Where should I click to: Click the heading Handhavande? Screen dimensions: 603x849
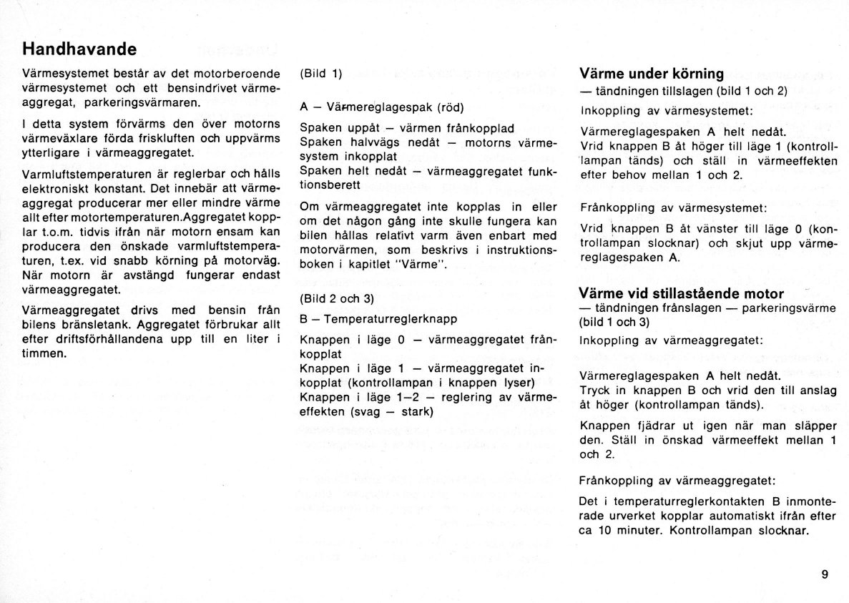[x=79, y=49]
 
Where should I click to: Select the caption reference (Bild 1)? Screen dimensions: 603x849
[x=321, y=73]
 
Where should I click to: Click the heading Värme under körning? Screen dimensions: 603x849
[x=652, y=74]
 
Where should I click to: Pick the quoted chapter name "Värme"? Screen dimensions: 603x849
[x=431, y=265]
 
